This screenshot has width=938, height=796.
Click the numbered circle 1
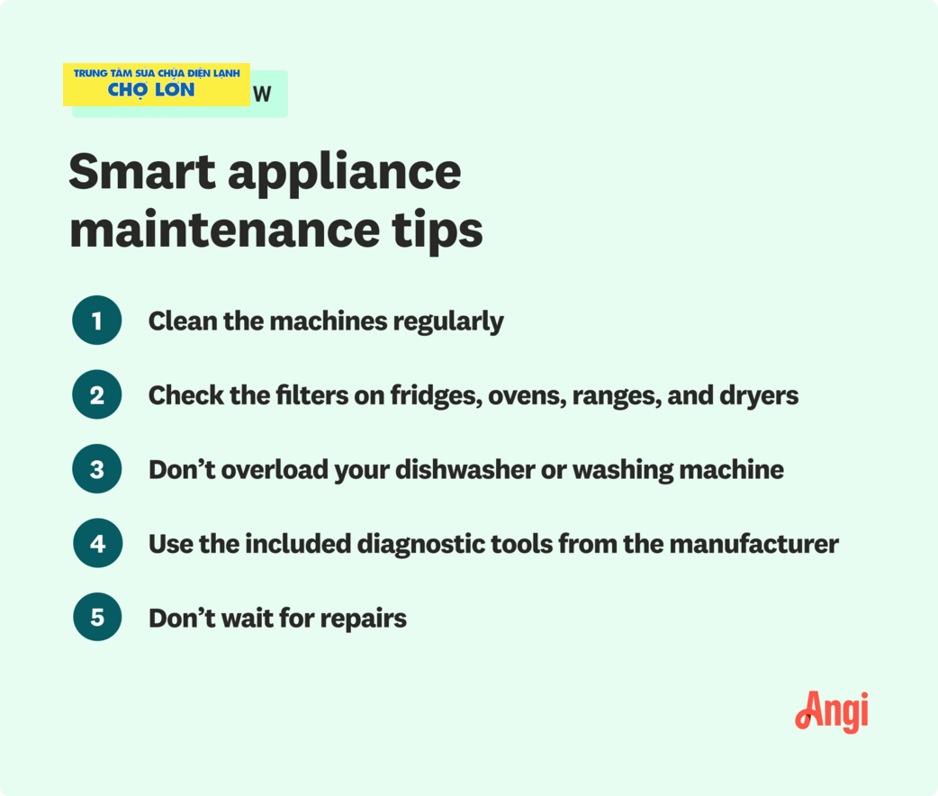pyautogui.click(x=97, y=321)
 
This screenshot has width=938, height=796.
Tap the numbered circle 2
pyautogui.click(x=97, y=394)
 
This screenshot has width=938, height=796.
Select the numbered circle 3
pyautogui.click(x=97, y=468)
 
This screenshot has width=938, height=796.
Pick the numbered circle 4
pyautogui.click(x=97, y=543)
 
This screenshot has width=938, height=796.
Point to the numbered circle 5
pyautogui.click(x=97, y=617)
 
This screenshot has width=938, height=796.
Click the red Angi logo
pyautogui.click(x=832, y=712)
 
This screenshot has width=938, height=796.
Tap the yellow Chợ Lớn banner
pyautogui.click(x=157, y=85)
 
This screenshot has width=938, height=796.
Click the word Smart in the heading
pyautogui.click(x=141, y=172)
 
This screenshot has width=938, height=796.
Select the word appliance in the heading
pyautogui.click(x=345, y=175)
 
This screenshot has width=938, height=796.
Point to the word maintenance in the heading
pyautogui.click(x=225, y=230)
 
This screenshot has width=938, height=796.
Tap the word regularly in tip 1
pyautogui.click(x=448, y=322)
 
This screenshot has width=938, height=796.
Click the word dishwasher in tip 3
pyautogui.click(x=464, y=470)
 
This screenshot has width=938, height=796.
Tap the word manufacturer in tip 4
pyautogui.click(x=753, y=545)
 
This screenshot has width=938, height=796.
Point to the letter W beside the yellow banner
pyautogui.click(x=262, y=94)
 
